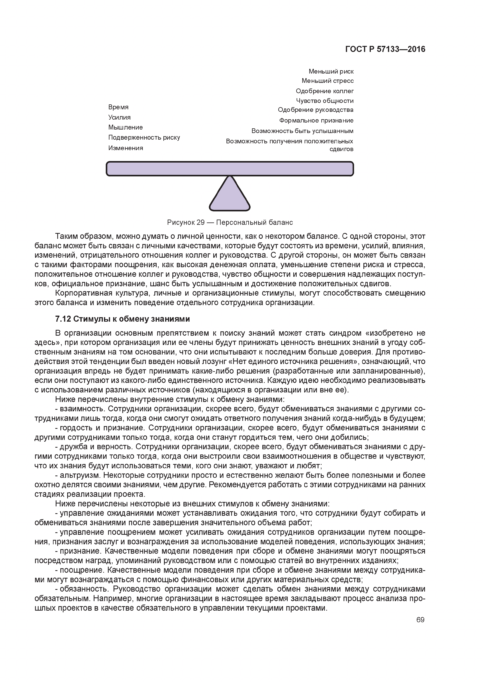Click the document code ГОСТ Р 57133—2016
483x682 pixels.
tap(385, 49)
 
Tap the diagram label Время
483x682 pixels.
tap(118, 107)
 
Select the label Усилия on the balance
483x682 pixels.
tap(119, 117)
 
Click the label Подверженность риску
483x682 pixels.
tap(144, 137)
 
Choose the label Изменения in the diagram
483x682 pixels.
tap(125, 148)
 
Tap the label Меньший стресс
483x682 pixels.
tap(327, 81)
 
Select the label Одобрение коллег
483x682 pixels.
tap(324, 91)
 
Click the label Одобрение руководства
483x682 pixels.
tap(316, 110)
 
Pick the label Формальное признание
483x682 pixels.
tap(316, 121)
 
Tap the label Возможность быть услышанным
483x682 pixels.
tap(302, 131)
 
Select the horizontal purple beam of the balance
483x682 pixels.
tap(230, 169)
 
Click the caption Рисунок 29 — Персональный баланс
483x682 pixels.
tap(230, 222)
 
